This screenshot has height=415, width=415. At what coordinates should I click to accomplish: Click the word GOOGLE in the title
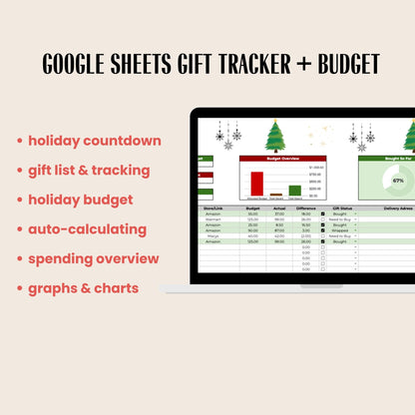(86, 63)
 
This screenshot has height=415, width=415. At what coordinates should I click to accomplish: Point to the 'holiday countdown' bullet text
(94, 141)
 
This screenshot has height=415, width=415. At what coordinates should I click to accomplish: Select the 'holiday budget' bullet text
(81, 200)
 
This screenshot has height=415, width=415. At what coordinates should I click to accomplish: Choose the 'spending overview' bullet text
(94, 258)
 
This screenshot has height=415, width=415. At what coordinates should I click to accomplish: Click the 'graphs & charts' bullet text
(83, 288)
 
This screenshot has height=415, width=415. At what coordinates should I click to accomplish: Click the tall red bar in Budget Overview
(256, 184)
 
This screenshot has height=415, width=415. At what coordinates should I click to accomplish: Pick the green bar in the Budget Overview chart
(294, 191)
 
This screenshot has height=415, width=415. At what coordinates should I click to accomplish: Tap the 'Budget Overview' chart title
(284, 158)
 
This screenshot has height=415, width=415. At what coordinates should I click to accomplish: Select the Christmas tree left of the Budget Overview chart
(274, 136)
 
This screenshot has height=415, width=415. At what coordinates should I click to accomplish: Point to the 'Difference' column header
(306, 208)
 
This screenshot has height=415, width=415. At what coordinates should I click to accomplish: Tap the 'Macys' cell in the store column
(213, 235)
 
